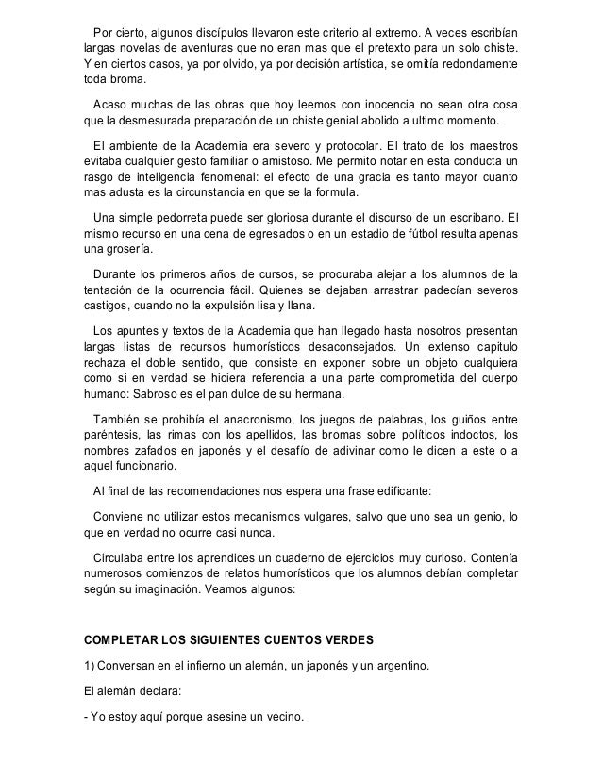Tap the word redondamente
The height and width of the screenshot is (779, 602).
(x=474, y=66)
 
